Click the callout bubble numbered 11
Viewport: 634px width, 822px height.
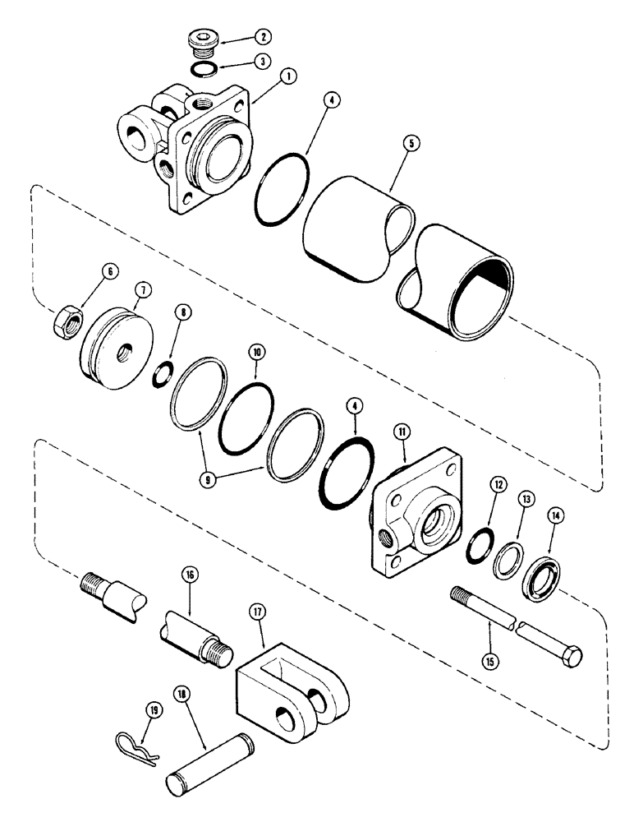point(403,451)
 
